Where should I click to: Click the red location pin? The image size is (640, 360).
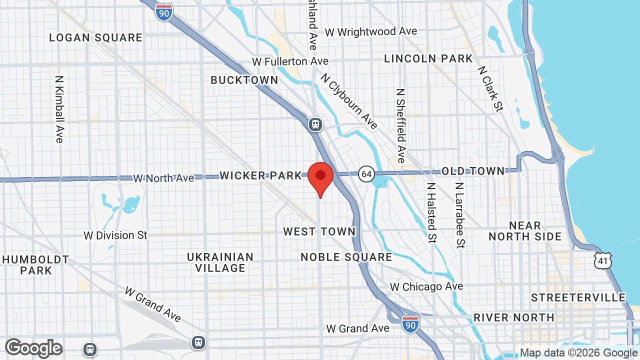pyautogui.click(x=320, y=178)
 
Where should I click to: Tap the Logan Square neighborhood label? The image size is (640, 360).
pyautogui.click(x=95, y=37)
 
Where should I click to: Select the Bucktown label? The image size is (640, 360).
pyautogui.click(x=244, y=80)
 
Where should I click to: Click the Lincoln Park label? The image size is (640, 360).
pyautogui.click(x=428, y=58)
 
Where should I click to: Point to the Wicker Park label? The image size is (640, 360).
pyautogui.click(x=261, y=175)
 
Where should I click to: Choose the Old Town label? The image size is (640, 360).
pyautogui.click(x=473, y=171)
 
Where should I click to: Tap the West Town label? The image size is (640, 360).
pyautogui.click(x=319, y=231)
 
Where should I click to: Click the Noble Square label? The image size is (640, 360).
pyautogui.click(x=346, y=257)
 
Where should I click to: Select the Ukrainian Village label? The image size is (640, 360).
pyautogui.click(x=220, y=262)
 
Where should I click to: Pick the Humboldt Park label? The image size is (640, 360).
pyautogui.click(x=35, y=265)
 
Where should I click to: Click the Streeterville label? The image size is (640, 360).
pyautogui.click(x=578, y=297)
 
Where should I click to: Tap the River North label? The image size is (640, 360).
pyautogui.click(x=513, y=317)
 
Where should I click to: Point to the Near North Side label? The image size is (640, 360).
pyautogui.click(x=525, y=231)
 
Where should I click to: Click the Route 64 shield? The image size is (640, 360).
pyautogui.click(x=366, y=173)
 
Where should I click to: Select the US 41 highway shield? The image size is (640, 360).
pyautogui.click(x=603, y=260)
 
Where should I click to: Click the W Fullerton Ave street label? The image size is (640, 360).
pyautogui.click(x=290, y=61)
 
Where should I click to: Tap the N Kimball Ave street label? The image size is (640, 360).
pyautogui.click(x=59, y=109)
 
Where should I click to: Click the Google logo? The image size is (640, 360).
pyautogui.click(x=33, y=348)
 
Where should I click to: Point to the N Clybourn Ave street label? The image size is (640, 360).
pyautogui.click(x=349, y=101)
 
